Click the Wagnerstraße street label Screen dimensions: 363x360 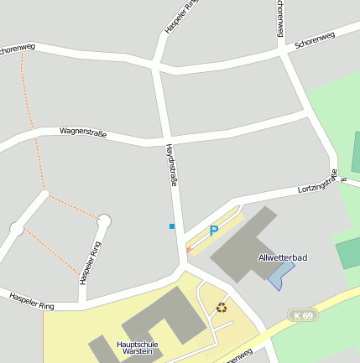(83, 132)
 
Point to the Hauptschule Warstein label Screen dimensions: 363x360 (138, 348)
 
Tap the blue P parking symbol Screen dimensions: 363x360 (214, 231)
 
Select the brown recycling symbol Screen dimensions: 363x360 (222, 307)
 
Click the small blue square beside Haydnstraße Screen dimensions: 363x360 (172, 226)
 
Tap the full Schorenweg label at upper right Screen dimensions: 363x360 (311, 41)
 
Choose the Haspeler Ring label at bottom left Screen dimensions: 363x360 (31, 300)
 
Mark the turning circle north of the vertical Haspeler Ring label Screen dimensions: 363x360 (104, 221)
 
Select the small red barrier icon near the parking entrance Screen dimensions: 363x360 (188, 248)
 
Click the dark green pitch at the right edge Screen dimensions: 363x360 (348, 253)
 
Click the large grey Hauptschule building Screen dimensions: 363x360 (159, 314)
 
